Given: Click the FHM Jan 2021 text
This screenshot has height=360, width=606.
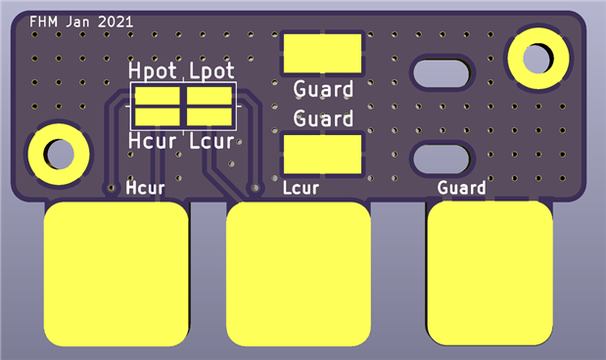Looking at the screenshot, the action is (81, 22).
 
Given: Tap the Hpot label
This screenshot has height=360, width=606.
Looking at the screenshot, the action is (153, 70).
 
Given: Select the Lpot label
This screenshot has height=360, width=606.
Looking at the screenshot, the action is (211, 70).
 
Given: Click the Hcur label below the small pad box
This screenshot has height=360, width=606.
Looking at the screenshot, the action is (153, 141).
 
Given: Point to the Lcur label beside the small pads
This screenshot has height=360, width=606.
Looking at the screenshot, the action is (211, 141).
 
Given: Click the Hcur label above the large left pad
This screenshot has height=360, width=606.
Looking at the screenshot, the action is (145, 188).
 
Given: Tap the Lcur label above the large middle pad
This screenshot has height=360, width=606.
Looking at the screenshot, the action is (301, 188).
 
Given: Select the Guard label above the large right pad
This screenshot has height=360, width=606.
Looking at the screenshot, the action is (461, 188).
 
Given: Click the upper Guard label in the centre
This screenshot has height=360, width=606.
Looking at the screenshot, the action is (323, 89).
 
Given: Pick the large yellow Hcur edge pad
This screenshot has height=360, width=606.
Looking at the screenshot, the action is (116, 274).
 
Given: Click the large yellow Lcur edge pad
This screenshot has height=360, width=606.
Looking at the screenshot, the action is (299, 274).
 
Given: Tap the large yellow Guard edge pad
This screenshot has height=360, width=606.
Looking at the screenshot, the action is (489, 273).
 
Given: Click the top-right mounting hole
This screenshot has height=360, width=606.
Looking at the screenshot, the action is (538, 59).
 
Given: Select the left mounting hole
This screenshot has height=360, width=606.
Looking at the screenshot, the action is (59, 155).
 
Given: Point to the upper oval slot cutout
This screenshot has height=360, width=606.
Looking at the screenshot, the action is (442, 73).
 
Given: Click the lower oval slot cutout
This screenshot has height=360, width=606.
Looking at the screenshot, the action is (442, 159).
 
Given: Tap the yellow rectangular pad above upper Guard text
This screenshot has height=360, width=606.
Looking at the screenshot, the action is (323, 53).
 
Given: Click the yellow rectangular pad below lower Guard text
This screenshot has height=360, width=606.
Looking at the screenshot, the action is (323, 155).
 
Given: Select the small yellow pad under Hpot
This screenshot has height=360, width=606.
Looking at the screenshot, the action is (158, 96).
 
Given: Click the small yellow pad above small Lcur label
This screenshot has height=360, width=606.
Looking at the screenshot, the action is (210, 116).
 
